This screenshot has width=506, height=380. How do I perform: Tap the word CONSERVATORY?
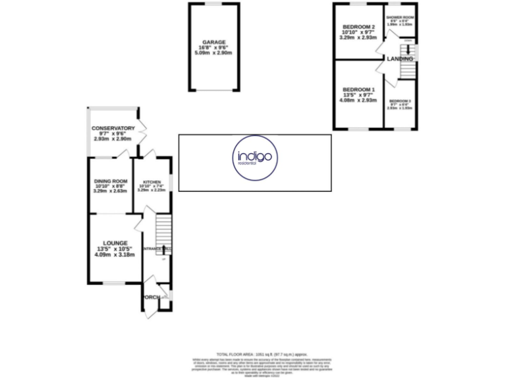coord(113,128)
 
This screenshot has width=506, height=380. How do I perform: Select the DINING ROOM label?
coord(109,181)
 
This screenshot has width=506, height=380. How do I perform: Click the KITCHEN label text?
coord(152,180)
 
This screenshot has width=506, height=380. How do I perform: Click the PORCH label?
coord(152,298)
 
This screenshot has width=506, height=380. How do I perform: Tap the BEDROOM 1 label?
coord(358,90)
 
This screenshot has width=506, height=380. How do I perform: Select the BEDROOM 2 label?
coord(358,26)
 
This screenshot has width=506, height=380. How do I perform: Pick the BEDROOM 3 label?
coord(400,100)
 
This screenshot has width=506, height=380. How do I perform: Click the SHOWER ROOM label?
coord(400,17)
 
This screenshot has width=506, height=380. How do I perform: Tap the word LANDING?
coord(400,59)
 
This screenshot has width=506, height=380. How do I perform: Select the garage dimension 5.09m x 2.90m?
coord(214,53)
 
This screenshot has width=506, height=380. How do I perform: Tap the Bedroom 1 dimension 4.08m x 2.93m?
coord(358,101)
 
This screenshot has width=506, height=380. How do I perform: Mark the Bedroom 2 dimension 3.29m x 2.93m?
coord(358,38)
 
